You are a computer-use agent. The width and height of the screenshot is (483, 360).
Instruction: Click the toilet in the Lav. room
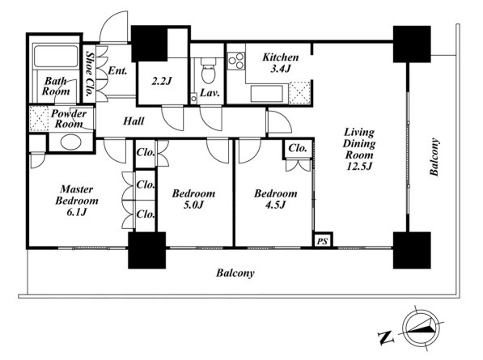(x=209, y=71)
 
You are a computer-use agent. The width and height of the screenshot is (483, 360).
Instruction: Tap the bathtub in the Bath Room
(x=56, y=56)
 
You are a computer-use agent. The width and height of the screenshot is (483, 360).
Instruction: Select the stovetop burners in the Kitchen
(x=236, y=61)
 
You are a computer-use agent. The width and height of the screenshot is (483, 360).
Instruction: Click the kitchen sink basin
(x=267, y=94)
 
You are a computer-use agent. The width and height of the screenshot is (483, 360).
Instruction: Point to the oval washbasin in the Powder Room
(x=71, y=142)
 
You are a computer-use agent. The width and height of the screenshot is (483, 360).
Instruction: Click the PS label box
(x=323, y=240)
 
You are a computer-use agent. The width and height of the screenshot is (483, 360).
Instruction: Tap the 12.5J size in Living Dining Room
(x=359, y=167)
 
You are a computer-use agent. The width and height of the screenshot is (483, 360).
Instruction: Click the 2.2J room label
(x=162, y=81)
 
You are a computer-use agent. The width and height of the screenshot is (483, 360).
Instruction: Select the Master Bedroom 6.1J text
(x=77, y=200)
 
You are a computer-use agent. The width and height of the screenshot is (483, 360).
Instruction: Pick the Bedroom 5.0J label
(x=193, y=199)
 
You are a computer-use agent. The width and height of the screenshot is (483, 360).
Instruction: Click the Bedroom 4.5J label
(x=276, y=199)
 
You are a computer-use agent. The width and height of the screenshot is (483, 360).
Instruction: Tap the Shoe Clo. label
(x=89, y=74)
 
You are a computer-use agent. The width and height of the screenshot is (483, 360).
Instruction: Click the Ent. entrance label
(x=117, y=71)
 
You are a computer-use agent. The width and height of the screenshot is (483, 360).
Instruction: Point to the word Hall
(x=133, y=121)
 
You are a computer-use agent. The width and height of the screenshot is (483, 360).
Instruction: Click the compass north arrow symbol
(x=421, y=329)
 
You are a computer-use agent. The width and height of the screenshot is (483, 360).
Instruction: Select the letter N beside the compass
(x=386, y=338)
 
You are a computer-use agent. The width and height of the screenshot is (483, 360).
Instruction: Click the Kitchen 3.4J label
(x=280, y=63)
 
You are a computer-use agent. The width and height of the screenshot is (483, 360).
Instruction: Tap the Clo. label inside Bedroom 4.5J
(x=298, y=148)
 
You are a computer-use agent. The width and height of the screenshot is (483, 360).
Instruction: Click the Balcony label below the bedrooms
(x=235, y=273)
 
